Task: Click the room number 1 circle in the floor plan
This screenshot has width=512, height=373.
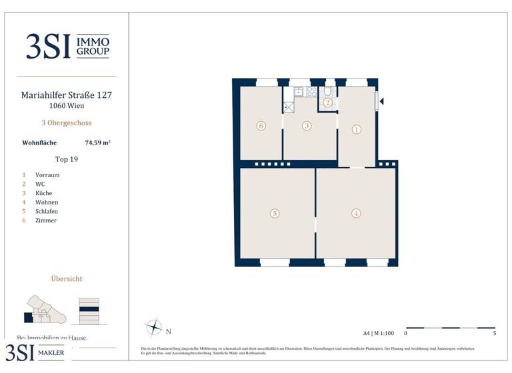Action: tap(357, 130)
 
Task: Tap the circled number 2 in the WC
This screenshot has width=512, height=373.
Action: tap(327, 103)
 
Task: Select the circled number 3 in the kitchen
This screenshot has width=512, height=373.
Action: tap(307, 125)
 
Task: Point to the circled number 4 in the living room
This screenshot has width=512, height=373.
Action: tap(357, 213)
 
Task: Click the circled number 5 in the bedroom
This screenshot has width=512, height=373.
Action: tap(275, 213)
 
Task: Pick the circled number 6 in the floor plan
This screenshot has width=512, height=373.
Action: tap(261, 125)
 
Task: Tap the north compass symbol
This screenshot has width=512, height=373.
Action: tap(154, 328)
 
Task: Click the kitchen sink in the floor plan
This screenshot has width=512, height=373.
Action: tap(298, 92)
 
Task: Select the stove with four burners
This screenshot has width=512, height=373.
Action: tap(311, 92)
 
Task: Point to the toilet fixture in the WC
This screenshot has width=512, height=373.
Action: tap(328, 91)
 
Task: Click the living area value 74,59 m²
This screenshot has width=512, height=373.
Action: tap(97, 142)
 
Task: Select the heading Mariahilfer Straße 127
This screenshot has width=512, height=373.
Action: tap(67, 95)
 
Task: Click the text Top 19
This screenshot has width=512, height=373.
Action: tap(67, 159)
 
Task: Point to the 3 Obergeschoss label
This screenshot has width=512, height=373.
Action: tap(67, 123)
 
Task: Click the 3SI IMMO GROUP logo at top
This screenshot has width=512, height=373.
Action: tap(67, 47)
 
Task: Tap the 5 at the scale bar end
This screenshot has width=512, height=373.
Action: tap(494, 333)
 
